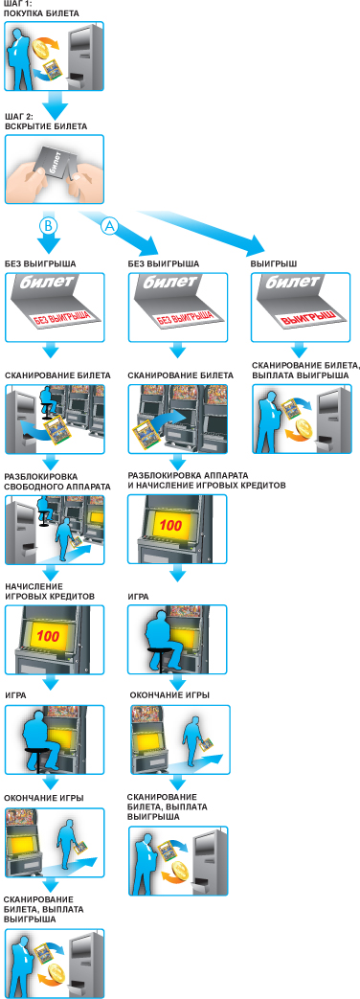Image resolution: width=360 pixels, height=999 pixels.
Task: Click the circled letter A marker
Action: coord(110,225)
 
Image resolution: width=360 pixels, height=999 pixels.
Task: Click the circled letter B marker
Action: coord(48,225)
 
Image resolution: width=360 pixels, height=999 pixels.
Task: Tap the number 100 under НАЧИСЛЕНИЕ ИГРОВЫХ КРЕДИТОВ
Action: coord(48,635)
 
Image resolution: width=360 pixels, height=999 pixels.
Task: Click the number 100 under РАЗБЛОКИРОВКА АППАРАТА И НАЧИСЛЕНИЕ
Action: coord(170,526)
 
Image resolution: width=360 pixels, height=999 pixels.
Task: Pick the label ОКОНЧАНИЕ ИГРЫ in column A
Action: coord(169,694)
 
